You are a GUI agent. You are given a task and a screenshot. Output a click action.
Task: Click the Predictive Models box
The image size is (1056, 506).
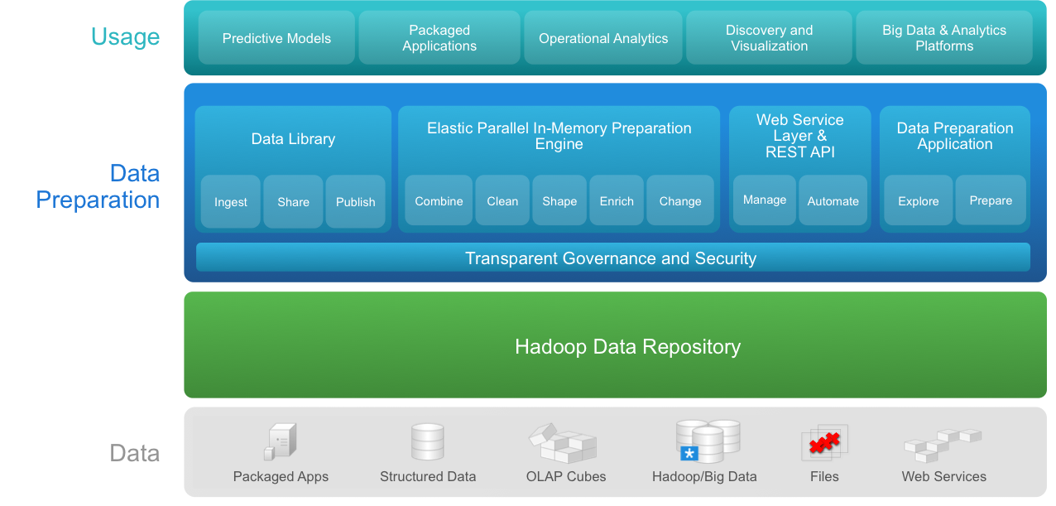point(276,38)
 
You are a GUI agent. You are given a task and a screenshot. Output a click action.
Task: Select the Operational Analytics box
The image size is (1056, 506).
point(603,38)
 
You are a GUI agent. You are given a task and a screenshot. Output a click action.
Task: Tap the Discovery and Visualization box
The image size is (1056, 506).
point(769,38)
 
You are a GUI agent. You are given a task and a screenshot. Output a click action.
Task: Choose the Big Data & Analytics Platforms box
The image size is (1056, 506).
point(944,38)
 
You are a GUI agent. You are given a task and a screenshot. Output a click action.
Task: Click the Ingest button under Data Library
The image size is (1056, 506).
point(231,201)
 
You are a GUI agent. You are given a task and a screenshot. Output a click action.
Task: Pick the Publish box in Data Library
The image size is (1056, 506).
point(355,201)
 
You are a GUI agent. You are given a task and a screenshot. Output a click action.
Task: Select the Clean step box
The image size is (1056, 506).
point(502,200)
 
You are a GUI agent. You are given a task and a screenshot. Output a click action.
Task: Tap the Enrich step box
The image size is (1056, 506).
point(617,200)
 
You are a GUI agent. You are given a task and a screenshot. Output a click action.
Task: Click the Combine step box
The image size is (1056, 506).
point(439,200)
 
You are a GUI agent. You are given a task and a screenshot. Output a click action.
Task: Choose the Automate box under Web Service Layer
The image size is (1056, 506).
point(833,200)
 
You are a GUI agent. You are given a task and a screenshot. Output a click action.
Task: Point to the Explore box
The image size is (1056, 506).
point(918,200)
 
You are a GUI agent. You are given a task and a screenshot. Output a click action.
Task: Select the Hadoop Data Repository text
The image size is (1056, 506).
point(627,346)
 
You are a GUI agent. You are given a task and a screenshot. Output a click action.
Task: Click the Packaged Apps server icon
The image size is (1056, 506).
point(281,441)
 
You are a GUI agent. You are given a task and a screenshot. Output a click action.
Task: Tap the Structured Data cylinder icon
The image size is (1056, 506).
point(428,442)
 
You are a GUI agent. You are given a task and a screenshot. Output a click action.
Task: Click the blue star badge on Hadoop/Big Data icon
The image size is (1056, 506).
point(689,453)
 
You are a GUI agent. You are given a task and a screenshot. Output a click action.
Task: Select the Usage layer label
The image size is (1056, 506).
point(125,37)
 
